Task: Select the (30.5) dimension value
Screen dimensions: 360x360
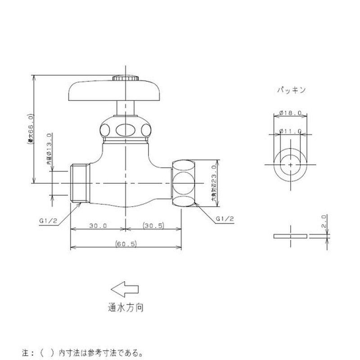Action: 153,226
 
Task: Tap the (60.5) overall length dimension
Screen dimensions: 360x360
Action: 126,243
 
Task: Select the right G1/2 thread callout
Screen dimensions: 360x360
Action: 225,220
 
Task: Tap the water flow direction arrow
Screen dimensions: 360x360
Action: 125,289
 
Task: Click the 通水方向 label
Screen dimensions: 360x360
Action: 126,308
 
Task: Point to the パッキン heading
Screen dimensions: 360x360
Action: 291,90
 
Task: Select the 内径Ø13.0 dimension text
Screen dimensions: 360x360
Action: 49,151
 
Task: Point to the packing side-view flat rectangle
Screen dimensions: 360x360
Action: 291,236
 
